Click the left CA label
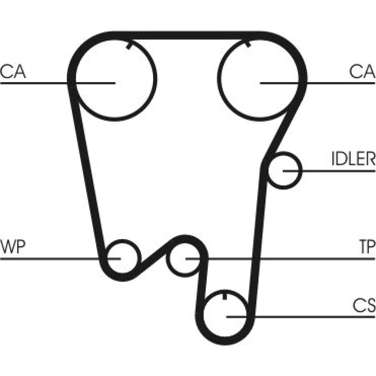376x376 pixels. click(x=13, y=71)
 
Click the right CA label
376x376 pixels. click(x=362, y=71)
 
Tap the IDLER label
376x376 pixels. click(x=354, y=159)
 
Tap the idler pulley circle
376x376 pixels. click(x=301, y=170)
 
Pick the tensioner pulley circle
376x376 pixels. click(x=167, y=259)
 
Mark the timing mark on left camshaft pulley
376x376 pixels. click(x=129, y=46)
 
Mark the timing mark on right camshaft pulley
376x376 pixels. click(x=248, y=45)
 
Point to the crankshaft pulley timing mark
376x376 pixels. click(x=224, y=296)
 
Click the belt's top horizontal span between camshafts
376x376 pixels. click(x=187, y=35)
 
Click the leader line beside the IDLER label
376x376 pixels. click(x=329, y=171)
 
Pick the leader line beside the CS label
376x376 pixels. click(x=301, y=317)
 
